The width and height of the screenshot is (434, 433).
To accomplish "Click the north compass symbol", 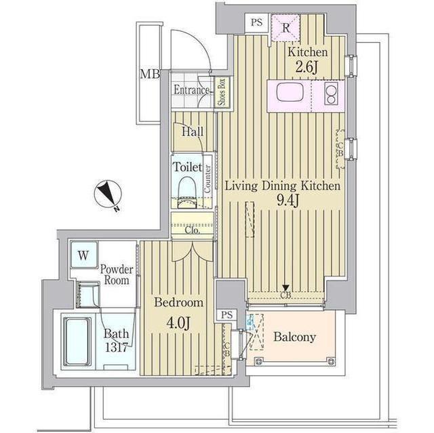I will click(107, 196).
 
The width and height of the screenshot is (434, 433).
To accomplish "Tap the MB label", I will click(149, 75).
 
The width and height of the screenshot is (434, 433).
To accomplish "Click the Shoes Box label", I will click(222, 92).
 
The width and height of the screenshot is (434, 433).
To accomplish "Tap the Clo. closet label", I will click(192, 230).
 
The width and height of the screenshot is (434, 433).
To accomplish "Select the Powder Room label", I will click(117, 275).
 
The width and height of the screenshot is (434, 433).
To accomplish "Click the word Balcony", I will click(294, 337).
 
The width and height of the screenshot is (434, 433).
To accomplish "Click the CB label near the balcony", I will click(286, 295).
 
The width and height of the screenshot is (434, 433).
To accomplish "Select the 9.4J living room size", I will click(281, 201).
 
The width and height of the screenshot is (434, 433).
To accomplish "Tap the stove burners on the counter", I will click(332, 95).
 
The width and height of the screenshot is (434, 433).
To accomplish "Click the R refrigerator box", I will click(285, 28).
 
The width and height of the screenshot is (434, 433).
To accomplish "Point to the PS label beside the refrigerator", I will click(256, 22).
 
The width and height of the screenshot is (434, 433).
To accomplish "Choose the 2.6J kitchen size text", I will click(307, 67).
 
